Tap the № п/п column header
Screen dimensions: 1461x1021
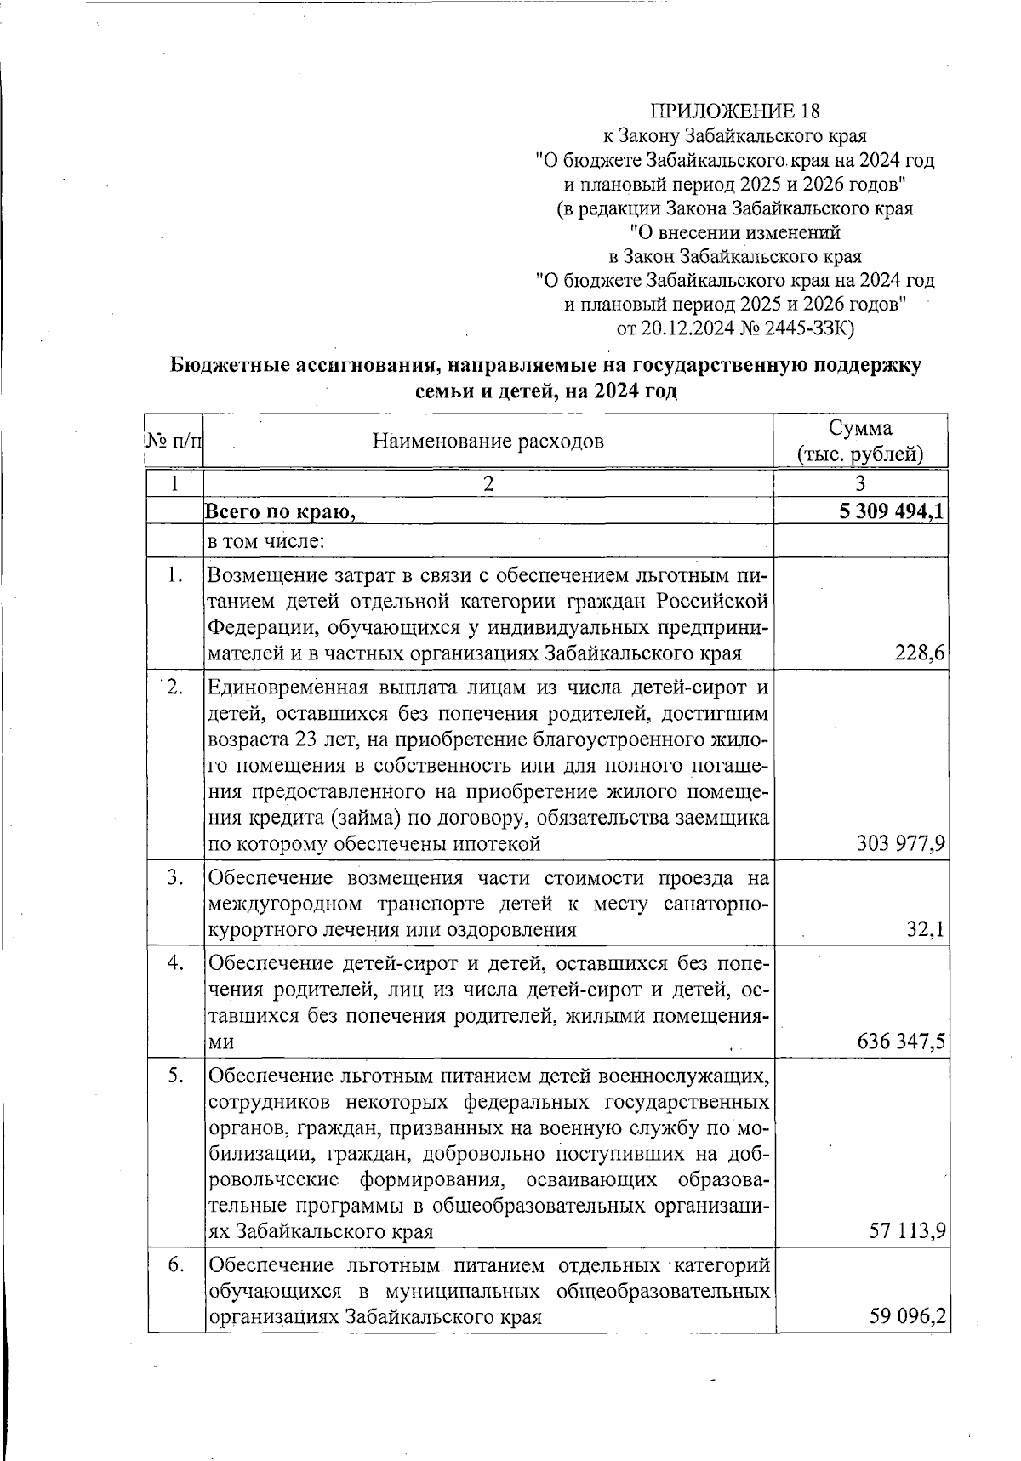(175, 441)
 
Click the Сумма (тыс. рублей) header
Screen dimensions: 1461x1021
(860, 441)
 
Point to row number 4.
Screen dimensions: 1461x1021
(175, 963)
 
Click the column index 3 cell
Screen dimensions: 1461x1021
(860, 483)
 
